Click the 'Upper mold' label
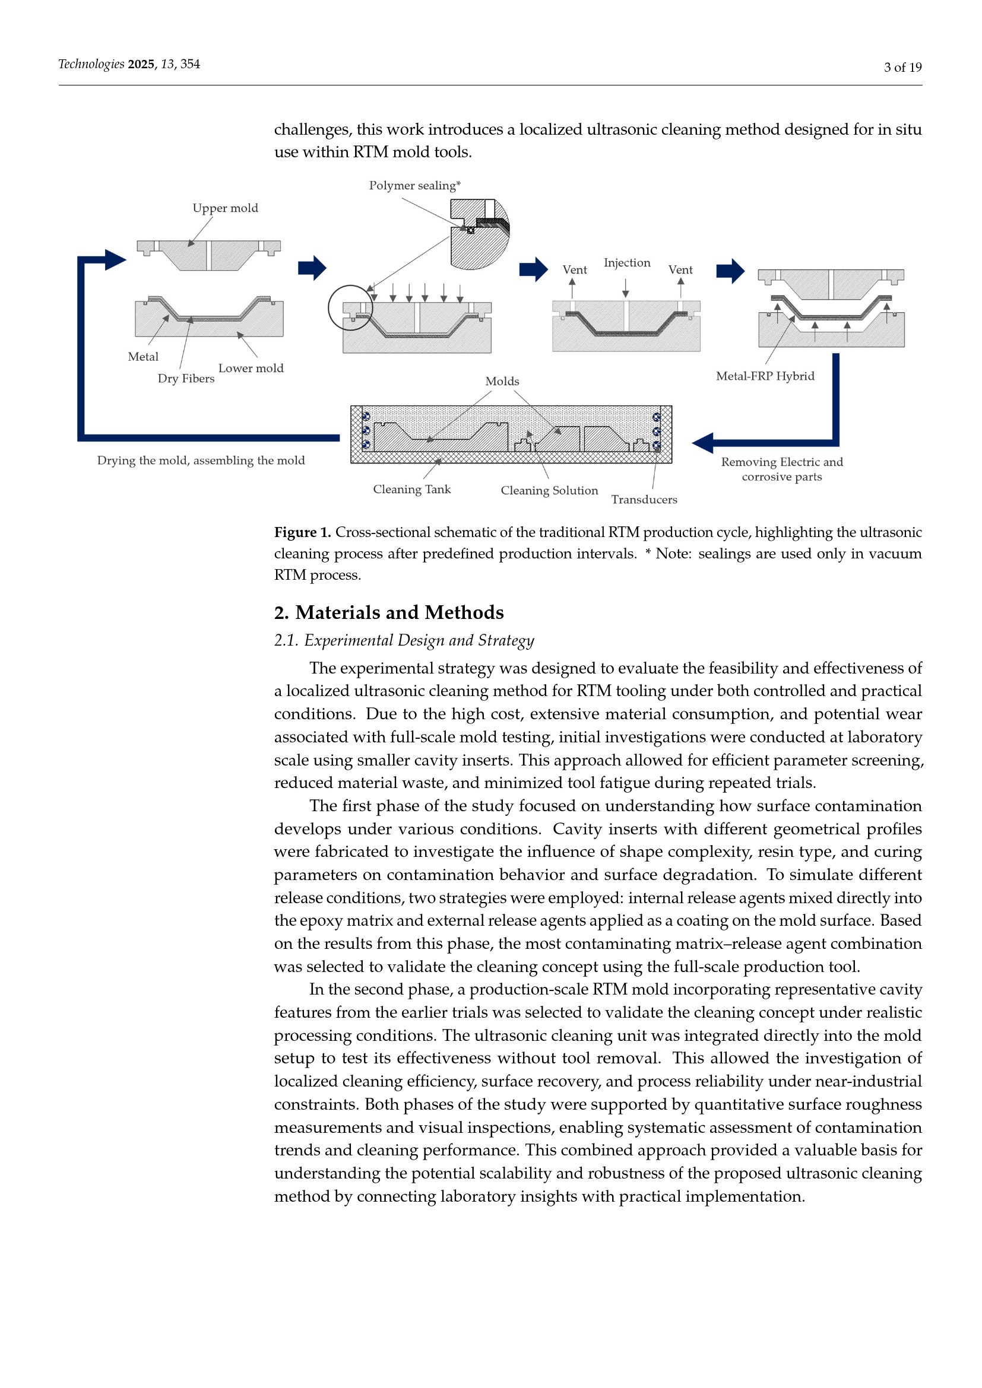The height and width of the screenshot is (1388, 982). point(225,208)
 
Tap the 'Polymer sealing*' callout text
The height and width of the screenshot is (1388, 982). point(415,186)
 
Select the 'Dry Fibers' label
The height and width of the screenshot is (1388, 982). point(186,379)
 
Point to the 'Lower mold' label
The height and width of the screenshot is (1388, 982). point(251,368)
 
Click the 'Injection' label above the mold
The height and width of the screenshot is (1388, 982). point(626,263)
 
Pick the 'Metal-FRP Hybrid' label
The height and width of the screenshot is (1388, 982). point(765,376)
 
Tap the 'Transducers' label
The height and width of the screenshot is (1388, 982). point(644,499)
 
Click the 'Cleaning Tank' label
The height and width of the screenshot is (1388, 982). point(412,489)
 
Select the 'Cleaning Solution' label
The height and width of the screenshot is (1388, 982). point(549,490)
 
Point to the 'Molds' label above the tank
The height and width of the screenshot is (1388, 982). point(502,382)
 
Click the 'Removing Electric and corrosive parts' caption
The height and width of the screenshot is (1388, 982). point(782,469)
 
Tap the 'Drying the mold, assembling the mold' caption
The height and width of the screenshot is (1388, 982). point(201,460)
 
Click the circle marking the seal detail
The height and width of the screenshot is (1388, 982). point(351,308)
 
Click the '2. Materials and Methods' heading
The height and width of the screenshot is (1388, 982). point(389,612)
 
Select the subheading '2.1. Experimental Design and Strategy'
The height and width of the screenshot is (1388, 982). point(404,640)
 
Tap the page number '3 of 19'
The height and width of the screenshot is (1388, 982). point(902,67)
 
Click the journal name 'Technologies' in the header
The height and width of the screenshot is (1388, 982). point(91,64)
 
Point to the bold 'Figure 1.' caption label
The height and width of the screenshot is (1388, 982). point(302,532)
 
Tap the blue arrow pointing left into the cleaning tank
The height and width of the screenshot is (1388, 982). point(708,443)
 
